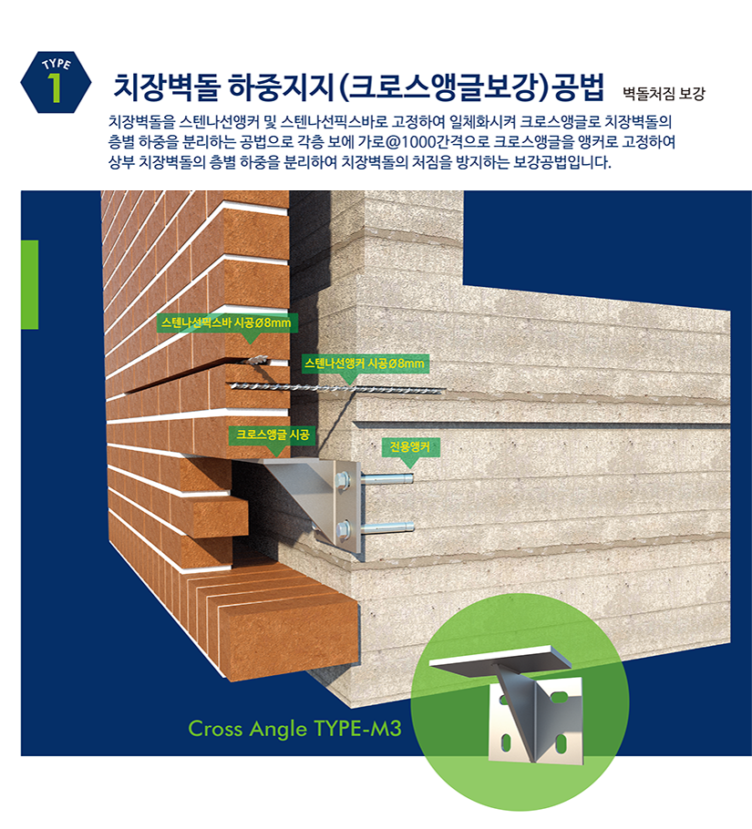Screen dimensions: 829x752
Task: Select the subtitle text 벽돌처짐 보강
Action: click(664, 93)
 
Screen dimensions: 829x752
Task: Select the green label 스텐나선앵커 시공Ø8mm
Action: click(364, 363)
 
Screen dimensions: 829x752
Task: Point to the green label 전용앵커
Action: click(409, 446)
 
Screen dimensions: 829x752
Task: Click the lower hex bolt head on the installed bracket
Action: click(344, 526)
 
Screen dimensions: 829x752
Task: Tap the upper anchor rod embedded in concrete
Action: click(387, 479)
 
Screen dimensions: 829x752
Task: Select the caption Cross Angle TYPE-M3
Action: click(294, 728)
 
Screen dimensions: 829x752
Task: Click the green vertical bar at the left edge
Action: click(29, 284)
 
